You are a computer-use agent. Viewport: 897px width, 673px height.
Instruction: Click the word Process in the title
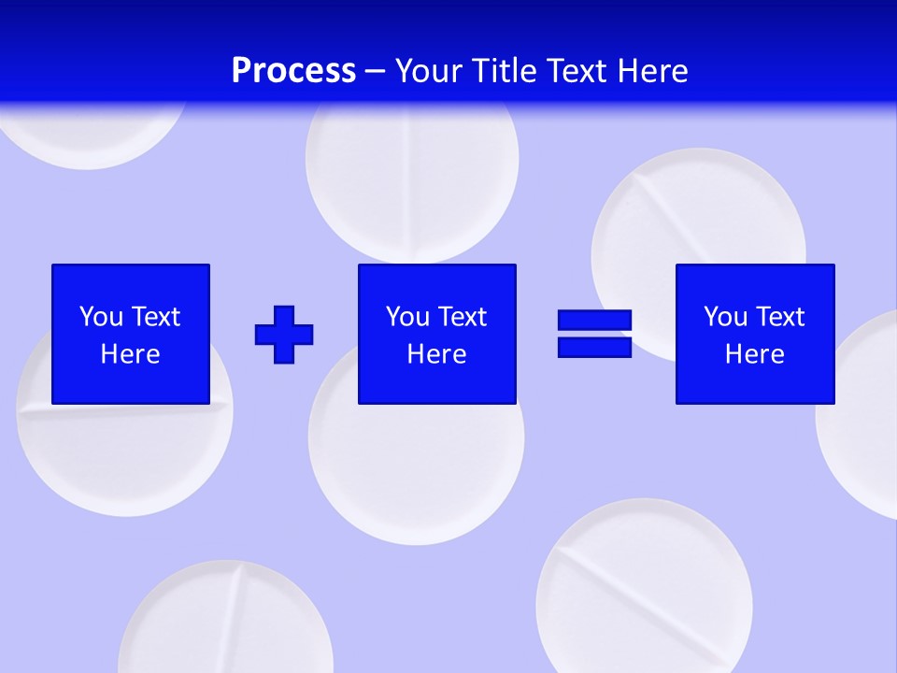[293, 71]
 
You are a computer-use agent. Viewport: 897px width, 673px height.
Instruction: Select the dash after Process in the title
[376, 71]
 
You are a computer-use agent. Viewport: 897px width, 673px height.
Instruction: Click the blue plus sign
[284, 334]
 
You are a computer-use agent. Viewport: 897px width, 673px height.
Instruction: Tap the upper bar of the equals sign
[594, 321]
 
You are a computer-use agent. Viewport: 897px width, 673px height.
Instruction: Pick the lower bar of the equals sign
[594, 347]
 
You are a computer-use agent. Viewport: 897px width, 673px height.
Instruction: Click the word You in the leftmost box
[101, 317]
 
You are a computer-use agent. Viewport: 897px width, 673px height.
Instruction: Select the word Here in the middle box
[436, 354]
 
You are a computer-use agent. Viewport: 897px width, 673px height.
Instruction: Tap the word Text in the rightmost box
[780, 317]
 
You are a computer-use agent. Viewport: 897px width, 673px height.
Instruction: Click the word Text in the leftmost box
[156, 317]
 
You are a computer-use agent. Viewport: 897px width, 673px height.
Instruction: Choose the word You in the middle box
[407, 317]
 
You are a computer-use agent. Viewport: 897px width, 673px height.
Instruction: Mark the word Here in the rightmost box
[754, 354]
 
